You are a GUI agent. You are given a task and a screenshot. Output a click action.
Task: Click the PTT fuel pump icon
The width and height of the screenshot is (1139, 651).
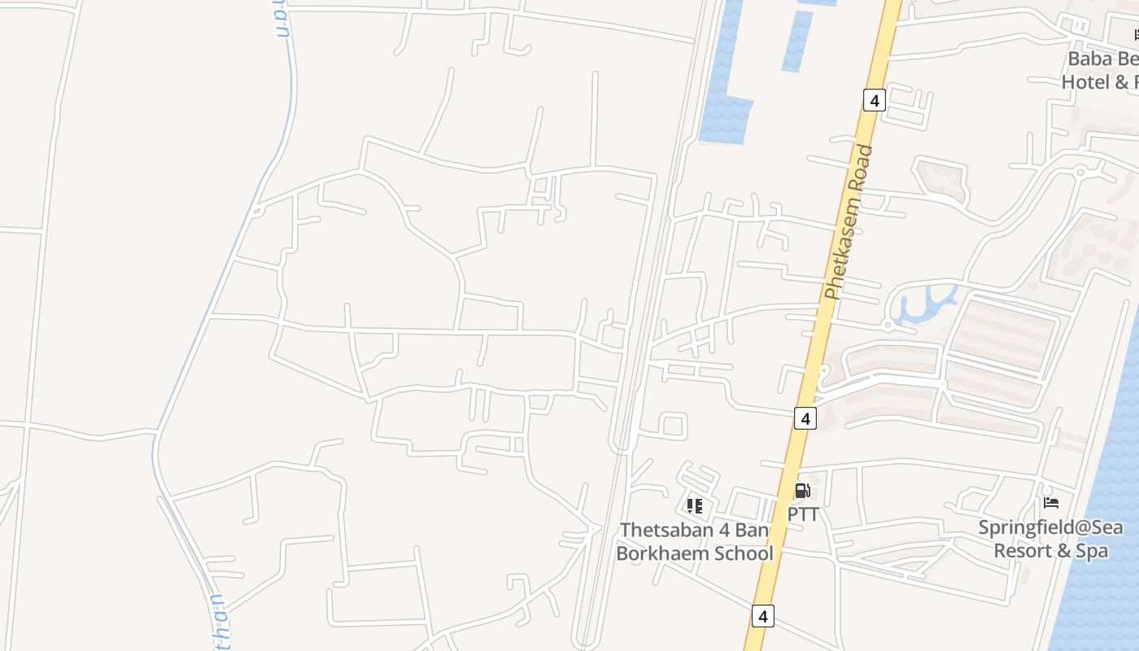pos(802,491)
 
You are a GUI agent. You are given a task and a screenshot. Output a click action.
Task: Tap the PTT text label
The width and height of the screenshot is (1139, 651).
pos(802,515)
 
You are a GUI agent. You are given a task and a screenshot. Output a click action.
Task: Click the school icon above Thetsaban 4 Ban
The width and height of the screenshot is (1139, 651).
pos(694,506)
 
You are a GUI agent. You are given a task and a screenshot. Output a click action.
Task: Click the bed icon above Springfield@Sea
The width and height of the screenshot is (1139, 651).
pos(1050,503)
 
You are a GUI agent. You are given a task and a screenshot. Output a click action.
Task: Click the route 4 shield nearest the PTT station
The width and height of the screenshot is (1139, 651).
pos(805,418)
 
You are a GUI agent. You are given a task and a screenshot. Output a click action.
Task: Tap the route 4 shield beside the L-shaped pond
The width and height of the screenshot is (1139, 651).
pos(874,101)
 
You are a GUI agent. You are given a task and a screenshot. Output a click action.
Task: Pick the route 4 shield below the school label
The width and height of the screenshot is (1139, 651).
pos(762,616)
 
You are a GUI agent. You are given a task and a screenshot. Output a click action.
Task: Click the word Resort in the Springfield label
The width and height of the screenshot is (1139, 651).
pos(1023,551)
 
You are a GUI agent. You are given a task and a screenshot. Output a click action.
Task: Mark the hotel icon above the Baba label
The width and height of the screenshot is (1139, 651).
pos(1135,34)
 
